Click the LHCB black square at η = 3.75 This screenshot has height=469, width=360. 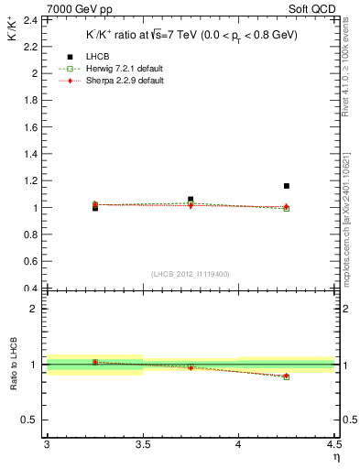(191, 199)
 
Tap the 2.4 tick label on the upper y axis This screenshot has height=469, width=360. (32, 19)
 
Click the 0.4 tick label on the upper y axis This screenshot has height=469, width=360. (32, 289)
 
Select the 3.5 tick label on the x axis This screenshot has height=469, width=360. (142, 444)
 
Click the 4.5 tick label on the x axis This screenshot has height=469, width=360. (333, 444)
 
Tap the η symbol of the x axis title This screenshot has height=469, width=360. (336, 456)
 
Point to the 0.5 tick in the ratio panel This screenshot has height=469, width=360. (30, 420)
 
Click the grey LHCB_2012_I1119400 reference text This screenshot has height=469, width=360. (191, 274)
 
